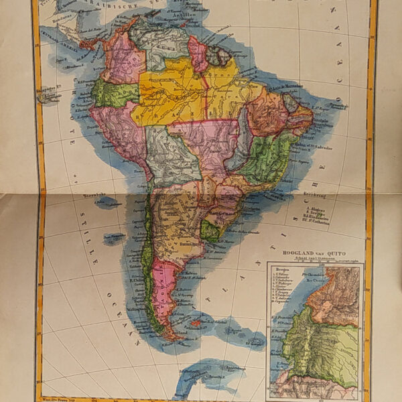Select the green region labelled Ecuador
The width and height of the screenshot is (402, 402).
[x=114, y=94]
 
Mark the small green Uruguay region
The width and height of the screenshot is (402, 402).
[x=212, y=231]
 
